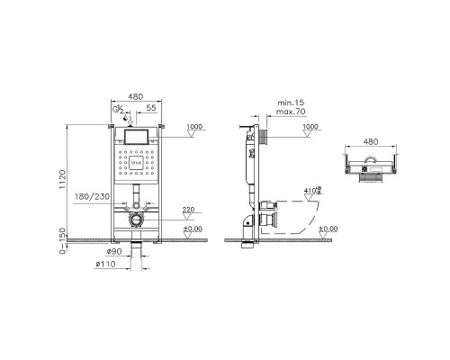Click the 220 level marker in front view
(x=189, y=210)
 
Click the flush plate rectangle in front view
(x=134, y=138)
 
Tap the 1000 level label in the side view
(x=310, y=127)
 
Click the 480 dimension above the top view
(x=370, y=141)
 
